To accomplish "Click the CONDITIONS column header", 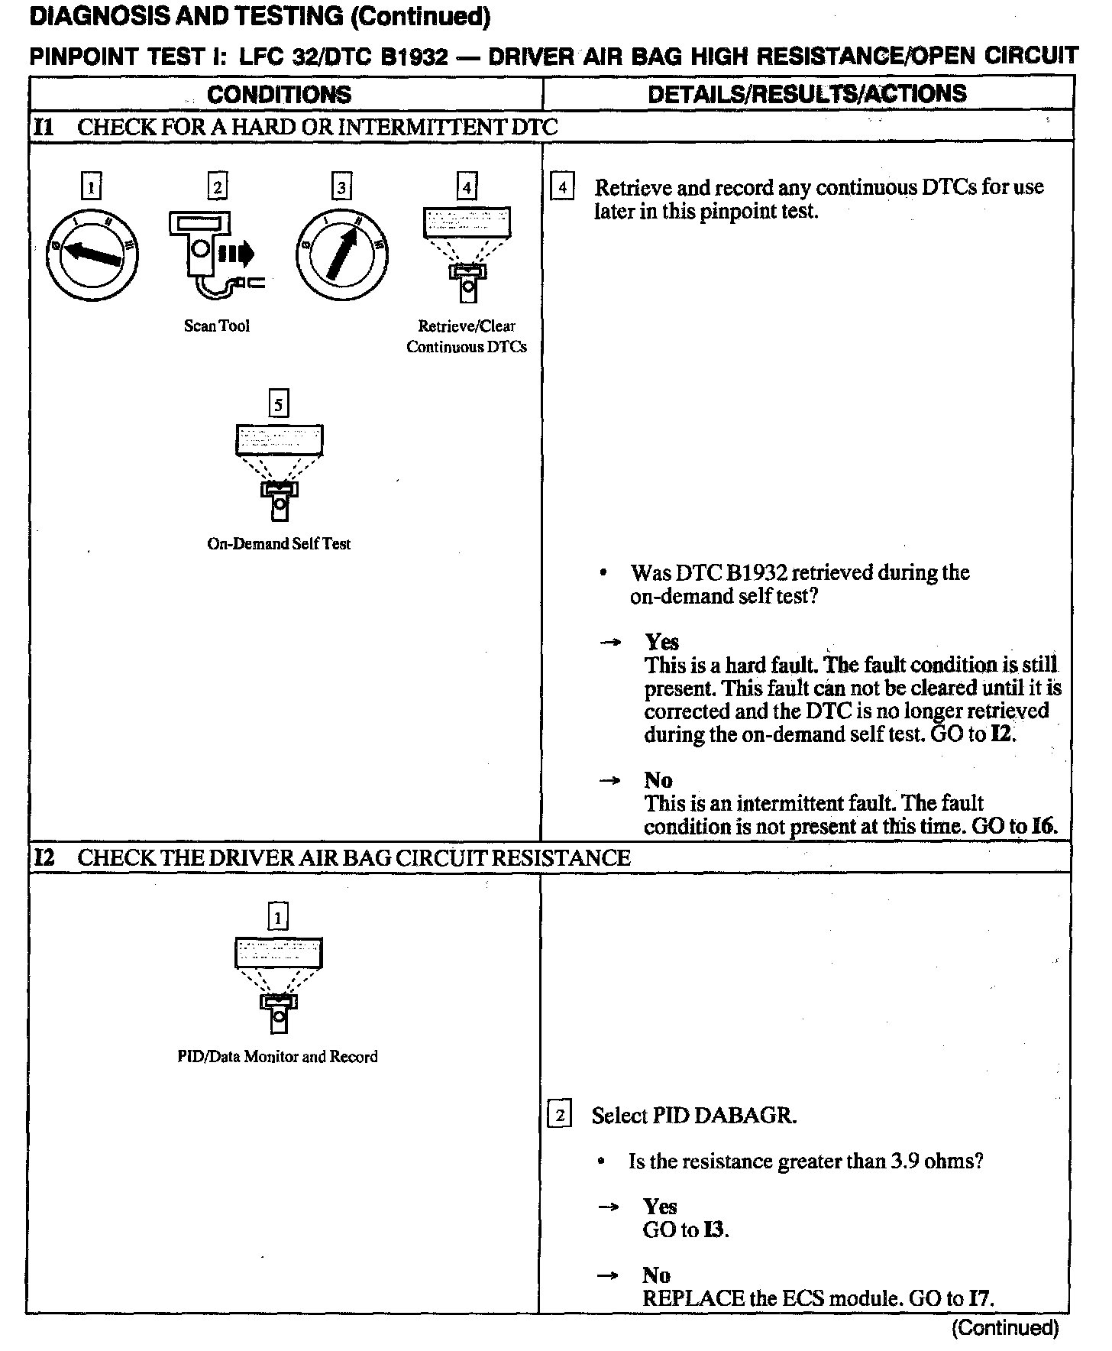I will [279, 94].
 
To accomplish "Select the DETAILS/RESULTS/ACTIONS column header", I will [807, 94].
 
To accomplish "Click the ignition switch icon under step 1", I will [92, 254].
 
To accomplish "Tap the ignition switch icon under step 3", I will [341, 254].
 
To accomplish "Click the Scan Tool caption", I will [217, 326].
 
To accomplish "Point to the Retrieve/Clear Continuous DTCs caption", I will [467, 336].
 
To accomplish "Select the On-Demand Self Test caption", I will [279, 544].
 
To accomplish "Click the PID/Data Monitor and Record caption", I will [277, 1057].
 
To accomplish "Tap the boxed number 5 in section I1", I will [279, 404].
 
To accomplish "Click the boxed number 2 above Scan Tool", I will [218, 186].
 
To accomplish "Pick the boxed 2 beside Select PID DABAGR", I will [560, 1116].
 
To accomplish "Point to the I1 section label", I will [44, 127].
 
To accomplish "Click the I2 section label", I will [44, 857].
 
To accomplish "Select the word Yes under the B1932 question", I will [661, 642].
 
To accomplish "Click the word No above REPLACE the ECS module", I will [657, 1275].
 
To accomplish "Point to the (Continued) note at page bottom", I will [1005, 1328].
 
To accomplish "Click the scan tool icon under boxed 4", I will [467, 252].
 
